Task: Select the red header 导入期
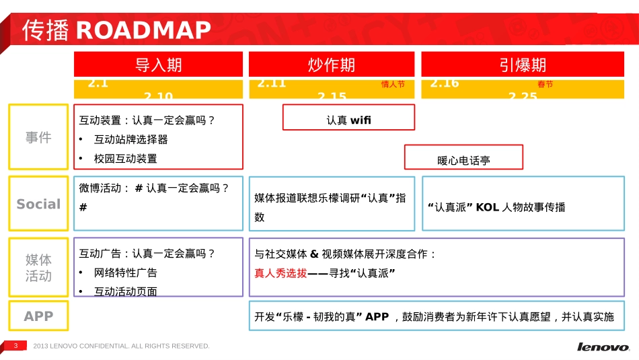pos(159,65)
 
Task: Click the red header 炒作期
pos(332,65)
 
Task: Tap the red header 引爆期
pos(523,65)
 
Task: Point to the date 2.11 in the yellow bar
pos(272,83)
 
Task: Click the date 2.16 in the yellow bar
pos(445,83)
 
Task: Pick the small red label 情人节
pos(393,85)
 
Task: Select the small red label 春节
pos(545,85)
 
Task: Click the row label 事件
pos(38,137)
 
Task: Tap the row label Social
pos(38,204)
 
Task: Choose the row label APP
pos(38,316)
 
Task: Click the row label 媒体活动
pos(38,268)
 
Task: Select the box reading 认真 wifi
pos(348,120)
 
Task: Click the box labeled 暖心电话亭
pos(463,160)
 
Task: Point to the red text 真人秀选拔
pos(280,273)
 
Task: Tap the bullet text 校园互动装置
pos(125,159)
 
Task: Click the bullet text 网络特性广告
pos(125,273)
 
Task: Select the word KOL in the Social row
pos(487,207)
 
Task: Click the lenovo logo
pos(603,347)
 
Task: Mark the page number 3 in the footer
pos(15,345)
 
